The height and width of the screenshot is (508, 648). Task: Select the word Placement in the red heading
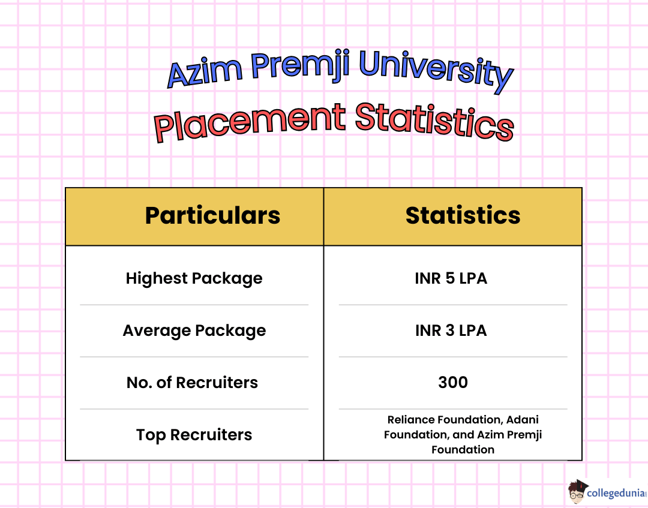(250, 123)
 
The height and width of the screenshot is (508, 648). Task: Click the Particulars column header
(212, 215)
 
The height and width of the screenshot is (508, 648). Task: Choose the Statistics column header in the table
(463, 215)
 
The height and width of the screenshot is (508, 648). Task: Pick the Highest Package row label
(194, 278)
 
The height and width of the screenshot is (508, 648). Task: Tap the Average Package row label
(194, 330)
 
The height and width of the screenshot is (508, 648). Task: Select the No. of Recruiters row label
(192, 383)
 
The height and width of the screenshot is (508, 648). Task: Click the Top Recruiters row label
(194, 435)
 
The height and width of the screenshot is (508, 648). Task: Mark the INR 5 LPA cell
(451, 278)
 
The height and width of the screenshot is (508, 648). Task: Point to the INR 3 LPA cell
(451, 330)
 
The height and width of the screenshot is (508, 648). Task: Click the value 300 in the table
(453, 383)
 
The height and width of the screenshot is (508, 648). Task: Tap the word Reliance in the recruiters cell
(411, 420)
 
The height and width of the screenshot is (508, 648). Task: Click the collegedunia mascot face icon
(577, 491)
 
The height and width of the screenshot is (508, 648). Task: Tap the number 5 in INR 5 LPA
(451, 278)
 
